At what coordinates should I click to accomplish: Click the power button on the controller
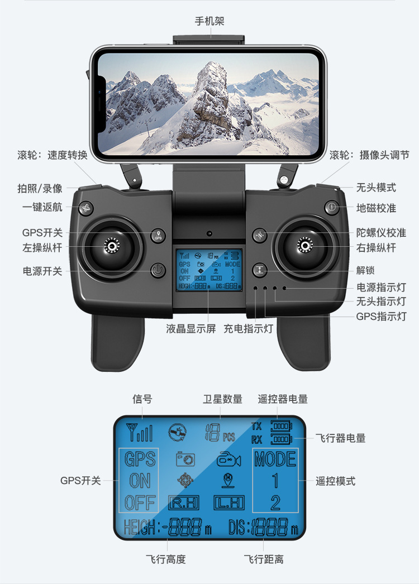click(x=158, y=270)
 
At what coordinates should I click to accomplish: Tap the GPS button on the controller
click(x=158, y=236)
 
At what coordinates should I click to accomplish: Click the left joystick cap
click(x=112, y=246)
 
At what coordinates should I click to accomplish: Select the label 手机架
click(x=209, y=21)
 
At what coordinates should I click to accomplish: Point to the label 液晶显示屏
click(x=191, y=328)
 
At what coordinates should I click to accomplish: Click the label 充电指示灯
click(x=248, y=328)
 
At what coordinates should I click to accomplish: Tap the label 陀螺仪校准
click(x=381, y=233)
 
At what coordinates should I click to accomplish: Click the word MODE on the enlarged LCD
click(x=275, y=459)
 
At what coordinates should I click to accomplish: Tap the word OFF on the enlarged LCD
click(x=140, y=502)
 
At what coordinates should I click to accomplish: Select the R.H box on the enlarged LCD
click(x=184, y=503)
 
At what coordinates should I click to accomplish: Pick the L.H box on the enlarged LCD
click(x=229, y=503)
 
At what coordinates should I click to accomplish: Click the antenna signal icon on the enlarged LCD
click(x=139, y=432)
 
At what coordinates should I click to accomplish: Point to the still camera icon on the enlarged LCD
click(x=185, y=459)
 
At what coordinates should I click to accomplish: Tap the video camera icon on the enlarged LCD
click(x=228, y=459)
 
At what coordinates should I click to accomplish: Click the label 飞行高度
click(x=166, y=559)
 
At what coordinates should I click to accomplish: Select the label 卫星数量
click(x=222, y=399)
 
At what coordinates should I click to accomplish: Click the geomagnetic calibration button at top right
click(x=331, y=207)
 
